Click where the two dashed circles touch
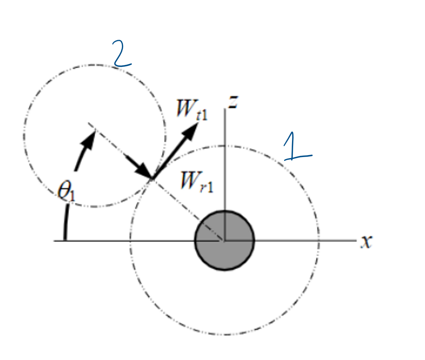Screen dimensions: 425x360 click(152, 178)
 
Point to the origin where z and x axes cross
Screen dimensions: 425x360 click(224, 241)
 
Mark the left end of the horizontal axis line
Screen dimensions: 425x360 click(54, 241)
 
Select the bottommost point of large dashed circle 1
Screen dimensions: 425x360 click(225, 335)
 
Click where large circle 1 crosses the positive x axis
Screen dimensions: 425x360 click(319, 241)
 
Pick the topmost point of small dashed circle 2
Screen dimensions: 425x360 click(94, 65)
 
